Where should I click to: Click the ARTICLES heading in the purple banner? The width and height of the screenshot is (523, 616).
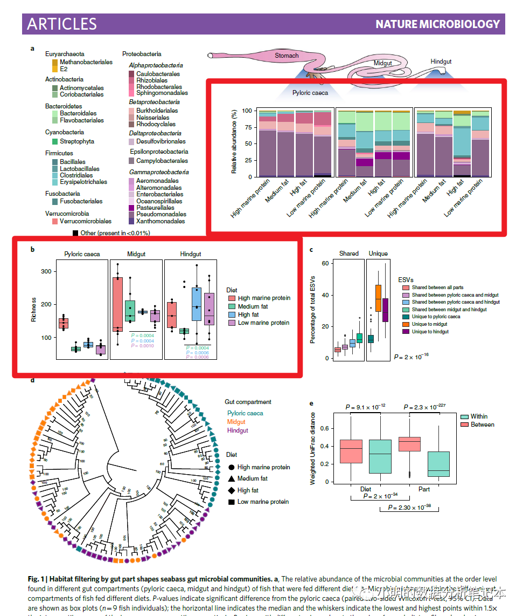coord(62,24)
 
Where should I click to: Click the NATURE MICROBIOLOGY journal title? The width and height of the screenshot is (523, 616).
coord(437,24)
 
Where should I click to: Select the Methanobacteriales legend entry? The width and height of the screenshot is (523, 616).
coord(86,62)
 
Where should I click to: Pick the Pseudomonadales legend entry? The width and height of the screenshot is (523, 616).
coord(161,214)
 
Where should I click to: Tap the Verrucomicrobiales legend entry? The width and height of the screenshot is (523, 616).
coord(86,221)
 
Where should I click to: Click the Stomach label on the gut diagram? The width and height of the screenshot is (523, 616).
coord(287,56)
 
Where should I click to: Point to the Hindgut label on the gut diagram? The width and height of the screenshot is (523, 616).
coord(441,62)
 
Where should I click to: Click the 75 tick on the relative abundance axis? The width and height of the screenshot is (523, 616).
coord(247,127)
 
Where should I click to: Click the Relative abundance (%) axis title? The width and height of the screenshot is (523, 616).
coord(234,142)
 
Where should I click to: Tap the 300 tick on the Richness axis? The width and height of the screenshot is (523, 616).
coord(46,271)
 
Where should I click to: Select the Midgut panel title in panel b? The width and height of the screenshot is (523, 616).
coord(136,254)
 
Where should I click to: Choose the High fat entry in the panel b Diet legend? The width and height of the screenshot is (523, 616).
coord(248,314)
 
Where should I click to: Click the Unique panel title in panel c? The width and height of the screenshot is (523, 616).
coord(378,254)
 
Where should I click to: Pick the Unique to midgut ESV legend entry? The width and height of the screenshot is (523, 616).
coord(429,324)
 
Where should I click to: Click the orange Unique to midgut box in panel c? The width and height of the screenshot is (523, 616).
coord(378,298)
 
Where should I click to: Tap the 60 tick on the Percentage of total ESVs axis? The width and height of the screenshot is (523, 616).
coord(325,263)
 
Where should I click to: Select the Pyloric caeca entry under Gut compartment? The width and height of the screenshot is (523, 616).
coord(245,413)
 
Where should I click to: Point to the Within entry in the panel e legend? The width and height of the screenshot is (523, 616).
coord(479,416)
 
